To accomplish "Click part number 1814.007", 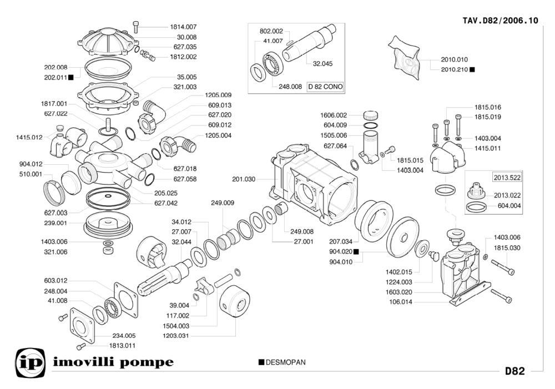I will pos(183,27).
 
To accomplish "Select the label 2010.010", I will pos(455,59).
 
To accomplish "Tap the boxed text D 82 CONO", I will pos(325,87).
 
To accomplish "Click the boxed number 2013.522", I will pos(507,178).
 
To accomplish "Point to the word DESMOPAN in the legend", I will pos(286,362).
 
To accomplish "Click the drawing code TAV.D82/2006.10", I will pos(500,21).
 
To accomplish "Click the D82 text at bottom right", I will pos(514,371).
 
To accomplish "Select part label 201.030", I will pos(244,179).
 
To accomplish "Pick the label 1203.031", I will pos(176,336).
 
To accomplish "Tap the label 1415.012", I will pos(29,137).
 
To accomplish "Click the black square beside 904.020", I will pos(356,251).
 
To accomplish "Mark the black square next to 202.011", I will pos(72,77).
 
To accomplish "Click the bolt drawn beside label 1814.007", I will pos(137,26).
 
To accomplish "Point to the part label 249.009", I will pos(223,203).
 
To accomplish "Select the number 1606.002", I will pos(334,115).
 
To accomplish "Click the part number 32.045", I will pos(322,64).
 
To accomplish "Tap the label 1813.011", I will pos(122,346).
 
